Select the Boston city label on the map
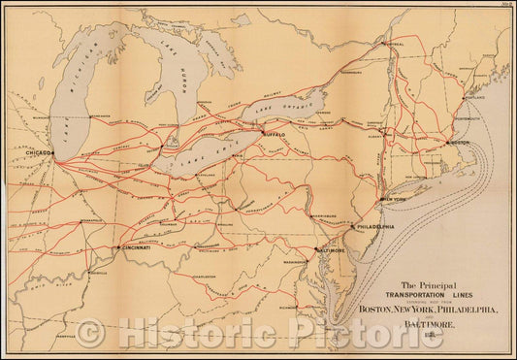click(x=459, y=144)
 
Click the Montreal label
click(x=393, y=44)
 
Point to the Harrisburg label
click(x=324, y=214)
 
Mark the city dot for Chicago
click(x=54, y=155)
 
